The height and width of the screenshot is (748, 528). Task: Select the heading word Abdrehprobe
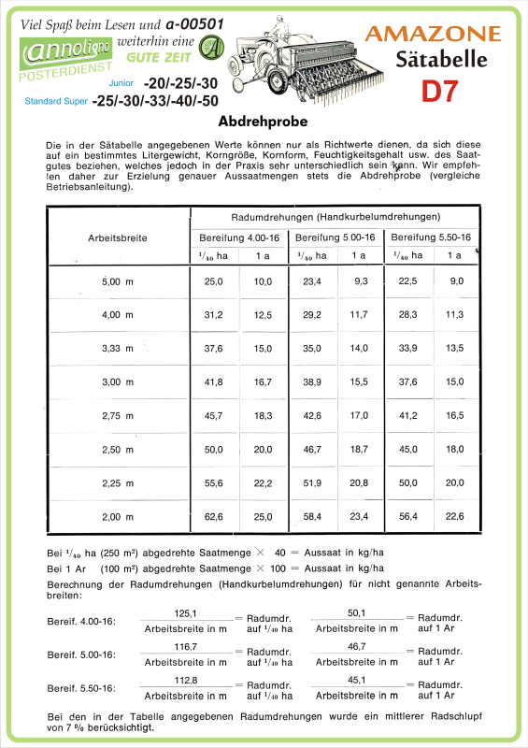[264, 122]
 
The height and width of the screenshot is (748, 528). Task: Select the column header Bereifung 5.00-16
[335, 237]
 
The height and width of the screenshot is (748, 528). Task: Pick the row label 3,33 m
[118, 348]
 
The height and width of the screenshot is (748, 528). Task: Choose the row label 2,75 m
[118, 415]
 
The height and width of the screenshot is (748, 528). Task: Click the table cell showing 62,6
[214, 516]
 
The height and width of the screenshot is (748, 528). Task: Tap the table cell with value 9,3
[360, 280]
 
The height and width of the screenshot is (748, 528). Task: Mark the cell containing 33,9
[407, 348]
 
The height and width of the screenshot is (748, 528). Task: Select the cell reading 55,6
[214, 482]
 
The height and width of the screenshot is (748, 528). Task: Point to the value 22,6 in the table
[455, 516]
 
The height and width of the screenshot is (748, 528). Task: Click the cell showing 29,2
[311, 314]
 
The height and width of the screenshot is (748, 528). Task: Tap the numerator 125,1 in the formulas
[186, 612]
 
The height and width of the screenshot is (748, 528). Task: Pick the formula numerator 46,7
[356, 646]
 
